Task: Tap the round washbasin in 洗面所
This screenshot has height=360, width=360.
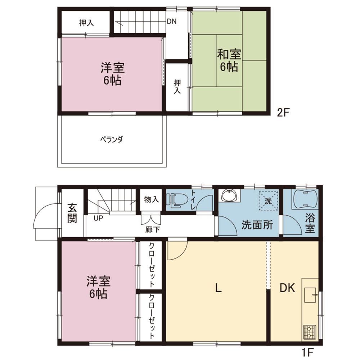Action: [x=229, y=195]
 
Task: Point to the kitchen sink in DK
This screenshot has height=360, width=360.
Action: [x=310, y=295]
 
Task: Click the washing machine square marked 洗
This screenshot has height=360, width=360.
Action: [x=269, y=201]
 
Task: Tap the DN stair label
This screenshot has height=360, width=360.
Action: [x=171, y=22]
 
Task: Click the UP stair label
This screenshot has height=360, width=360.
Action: [x=98, y=218]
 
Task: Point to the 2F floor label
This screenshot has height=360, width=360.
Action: [x=283, y=112]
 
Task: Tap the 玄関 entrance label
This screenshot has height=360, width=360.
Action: [x=72, y=213]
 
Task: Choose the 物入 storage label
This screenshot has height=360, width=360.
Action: [x=152, y=199]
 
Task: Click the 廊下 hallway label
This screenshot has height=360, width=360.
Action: [x=152, y=229]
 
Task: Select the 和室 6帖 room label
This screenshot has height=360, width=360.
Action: [x=229, y=60]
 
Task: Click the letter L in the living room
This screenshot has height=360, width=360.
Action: [x=219, y=288]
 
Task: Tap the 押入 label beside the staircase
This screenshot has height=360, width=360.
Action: [x=86, y=23]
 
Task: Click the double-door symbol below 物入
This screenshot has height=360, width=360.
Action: [x=151, y=219]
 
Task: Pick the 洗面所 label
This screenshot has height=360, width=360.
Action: [x=257, y=225]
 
